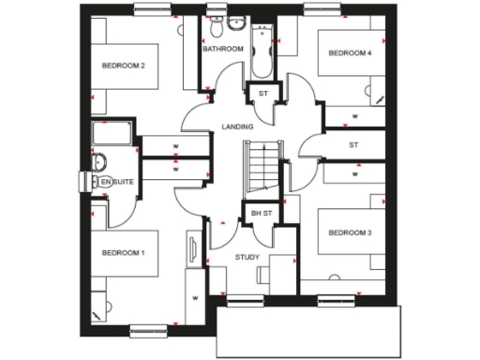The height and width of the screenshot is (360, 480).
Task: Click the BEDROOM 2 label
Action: tap(123, 66)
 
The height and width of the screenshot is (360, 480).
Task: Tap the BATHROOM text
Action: tap(223, 49)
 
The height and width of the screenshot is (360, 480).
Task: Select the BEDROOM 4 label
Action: tap(350, 53)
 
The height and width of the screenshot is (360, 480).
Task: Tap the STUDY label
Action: tap(247, 256)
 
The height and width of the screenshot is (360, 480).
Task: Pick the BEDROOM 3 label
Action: tap(351, 232)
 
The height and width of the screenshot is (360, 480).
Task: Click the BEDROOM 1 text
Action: tap(123, 253)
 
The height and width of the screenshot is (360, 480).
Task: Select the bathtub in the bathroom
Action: tap(261, 52)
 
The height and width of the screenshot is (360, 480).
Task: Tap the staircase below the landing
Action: tap(262, 168)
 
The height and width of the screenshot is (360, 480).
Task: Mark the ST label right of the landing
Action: tap(353, 145)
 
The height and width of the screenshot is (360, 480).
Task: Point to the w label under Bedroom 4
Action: tap(354, 116)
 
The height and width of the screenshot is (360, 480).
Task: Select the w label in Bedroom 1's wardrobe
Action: tap(196, 298)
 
